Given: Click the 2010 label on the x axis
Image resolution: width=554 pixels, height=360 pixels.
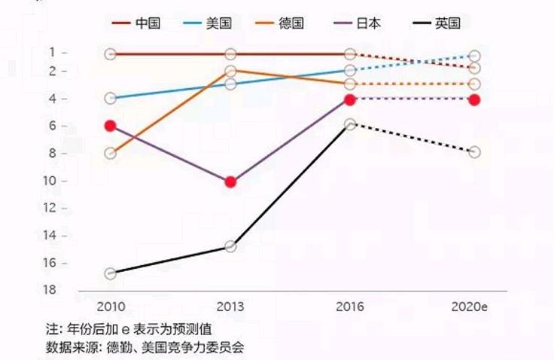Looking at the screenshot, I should [111, 307].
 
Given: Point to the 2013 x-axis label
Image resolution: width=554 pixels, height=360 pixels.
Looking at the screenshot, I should [230, 307].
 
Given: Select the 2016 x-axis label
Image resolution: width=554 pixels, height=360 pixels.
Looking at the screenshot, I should [350, 307].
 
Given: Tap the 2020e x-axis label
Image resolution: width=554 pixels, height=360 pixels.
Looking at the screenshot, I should [470, 307].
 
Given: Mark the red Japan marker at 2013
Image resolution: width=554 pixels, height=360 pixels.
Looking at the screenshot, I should [230, 182].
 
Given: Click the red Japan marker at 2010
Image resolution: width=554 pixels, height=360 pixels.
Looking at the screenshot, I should [111, 126].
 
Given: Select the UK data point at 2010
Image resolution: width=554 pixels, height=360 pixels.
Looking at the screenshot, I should [111, 273].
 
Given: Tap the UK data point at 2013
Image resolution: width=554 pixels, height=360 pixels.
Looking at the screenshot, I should [230, 246].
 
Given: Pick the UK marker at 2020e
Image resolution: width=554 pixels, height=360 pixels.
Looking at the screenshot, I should [474, 152].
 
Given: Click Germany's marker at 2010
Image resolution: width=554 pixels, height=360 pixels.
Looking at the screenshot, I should [111, 154].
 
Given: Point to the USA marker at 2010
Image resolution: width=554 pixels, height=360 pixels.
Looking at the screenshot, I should [111, 98].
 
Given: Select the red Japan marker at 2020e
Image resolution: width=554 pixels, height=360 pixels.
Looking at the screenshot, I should [474, 99].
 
